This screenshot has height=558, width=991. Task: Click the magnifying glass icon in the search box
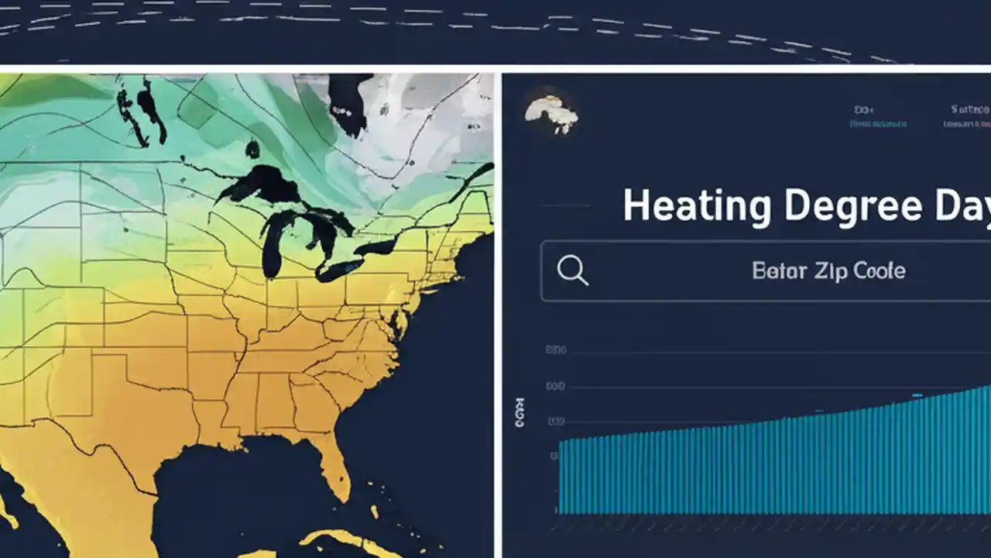click(x=573, y=270)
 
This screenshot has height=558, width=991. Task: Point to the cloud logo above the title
click(x=550, y=115)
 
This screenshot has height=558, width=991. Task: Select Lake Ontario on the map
click(x=379, y=247)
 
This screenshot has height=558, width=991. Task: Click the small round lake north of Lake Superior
click(x=252, y=149)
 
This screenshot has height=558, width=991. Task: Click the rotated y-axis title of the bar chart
click(x=520, y=413)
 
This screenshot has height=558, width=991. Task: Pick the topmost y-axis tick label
click(x=556, y=350)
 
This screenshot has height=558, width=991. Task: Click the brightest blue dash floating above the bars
click(x=917, y=395)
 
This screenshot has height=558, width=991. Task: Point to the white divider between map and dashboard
click(x=498, y=310)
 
